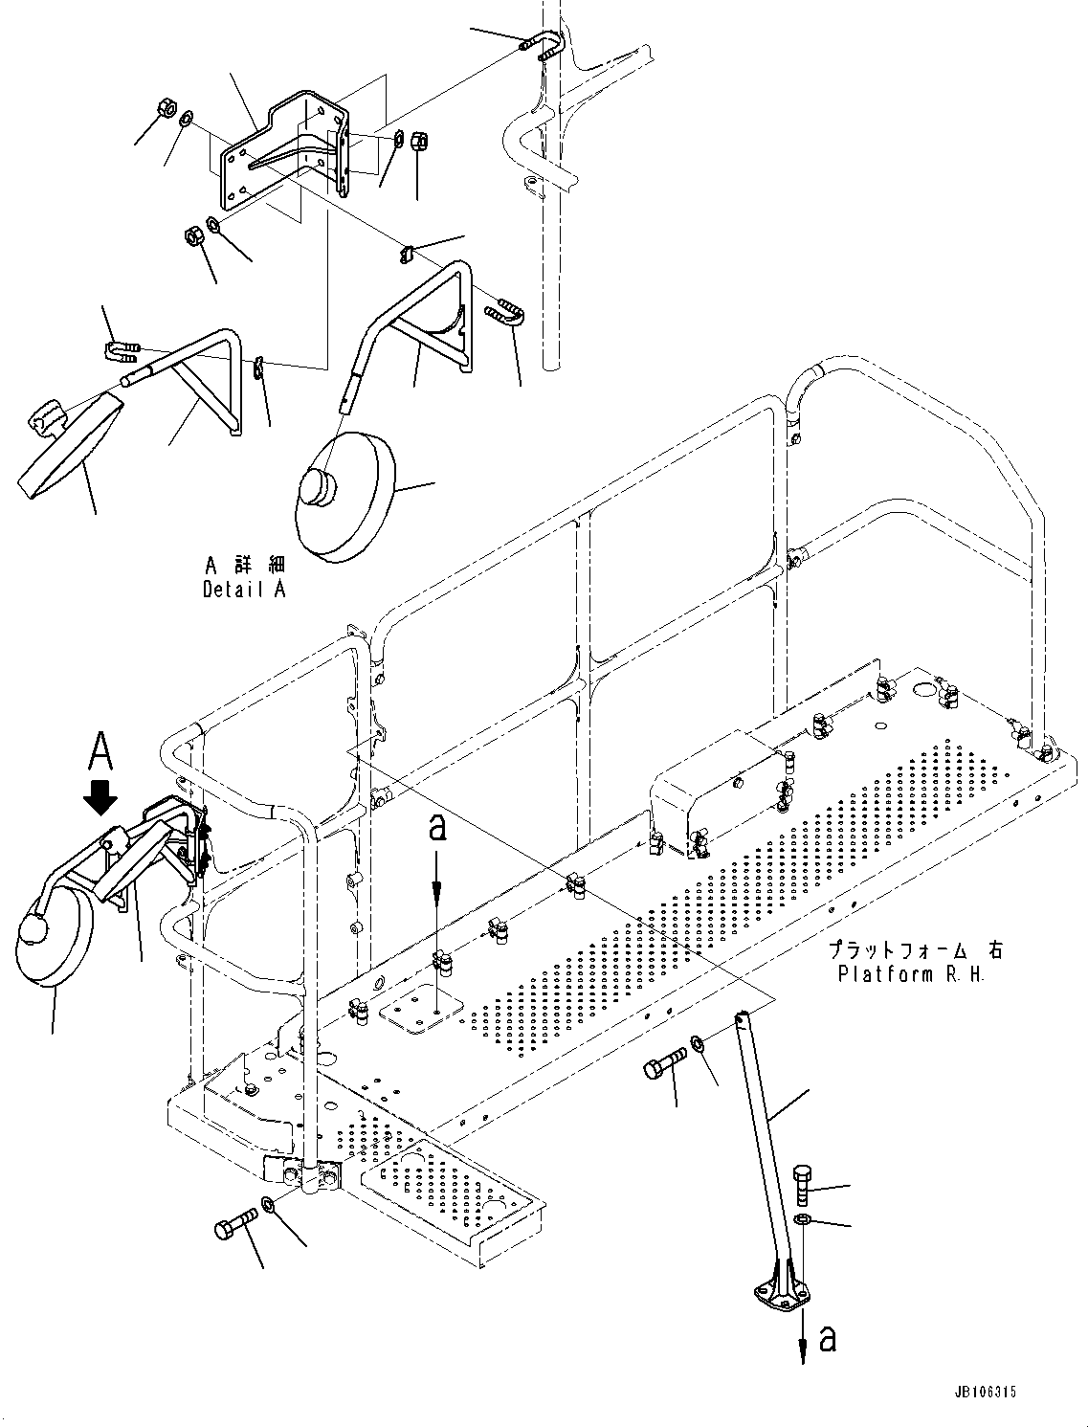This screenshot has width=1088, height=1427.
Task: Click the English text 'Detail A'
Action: [x=244, y=590]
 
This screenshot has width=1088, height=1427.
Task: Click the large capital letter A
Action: [x=101, y=750]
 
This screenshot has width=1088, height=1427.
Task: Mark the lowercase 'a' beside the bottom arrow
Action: [x=828, y=1338]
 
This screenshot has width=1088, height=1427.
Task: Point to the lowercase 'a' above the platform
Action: [x=437, y=829]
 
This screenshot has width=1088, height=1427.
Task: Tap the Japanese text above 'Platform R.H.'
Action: [x=916, y=951]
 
